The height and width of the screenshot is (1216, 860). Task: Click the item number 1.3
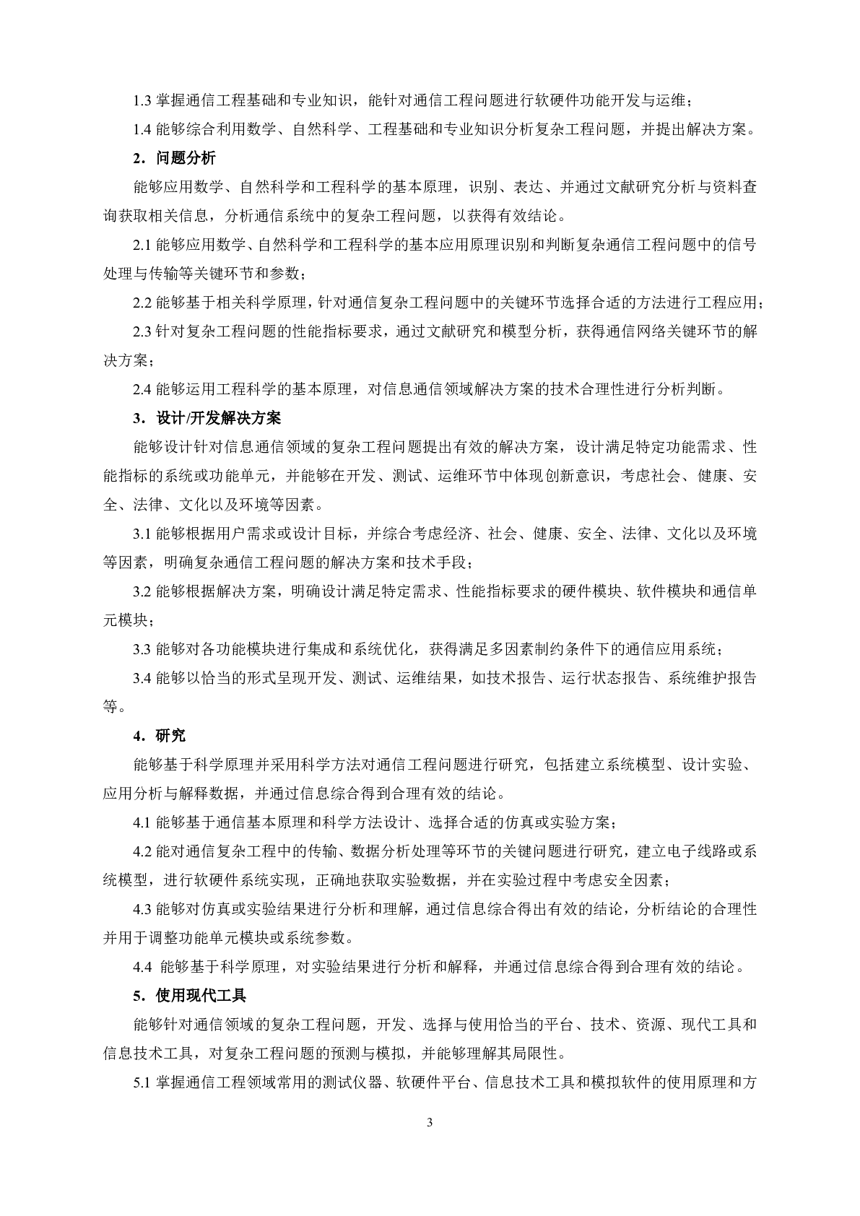click(x=142, y=101)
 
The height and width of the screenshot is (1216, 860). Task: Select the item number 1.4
click(x=142, y=130)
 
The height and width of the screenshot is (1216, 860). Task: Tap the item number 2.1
click(x=142, y=246)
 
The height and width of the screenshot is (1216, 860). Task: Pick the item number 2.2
click(x=142, y=303)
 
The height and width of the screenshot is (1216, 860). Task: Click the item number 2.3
click(x=142, y=332)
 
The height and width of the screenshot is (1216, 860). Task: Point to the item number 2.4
click(x=142, y=390)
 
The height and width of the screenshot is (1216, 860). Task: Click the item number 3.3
click(x=142, y=649)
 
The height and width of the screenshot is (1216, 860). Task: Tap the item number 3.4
click(x=142, y=678)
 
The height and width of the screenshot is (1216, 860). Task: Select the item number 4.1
click(x=142, y=822)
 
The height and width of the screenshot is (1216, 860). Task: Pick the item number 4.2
click(x=142, y=851)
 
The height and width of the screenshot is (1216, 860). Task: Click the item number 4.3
click(x=142, y=909)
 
